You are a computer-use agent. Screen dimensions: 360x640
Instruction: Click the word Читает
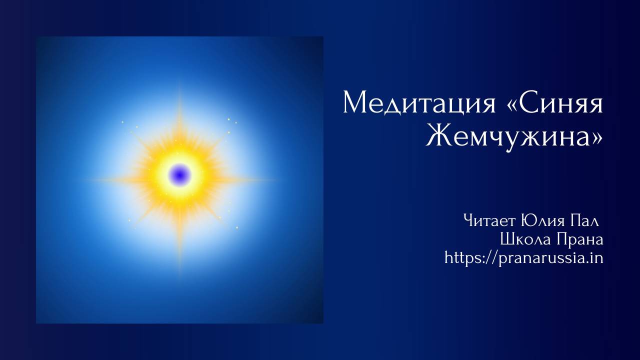490,220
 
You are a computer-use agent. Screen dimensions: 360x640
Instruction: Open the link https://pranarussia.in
523,258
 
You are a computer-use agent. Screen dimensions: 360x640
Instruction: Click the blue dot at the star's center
180,174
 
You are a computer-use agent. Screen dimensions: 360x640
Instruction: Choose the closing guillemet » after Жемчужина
596,135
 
